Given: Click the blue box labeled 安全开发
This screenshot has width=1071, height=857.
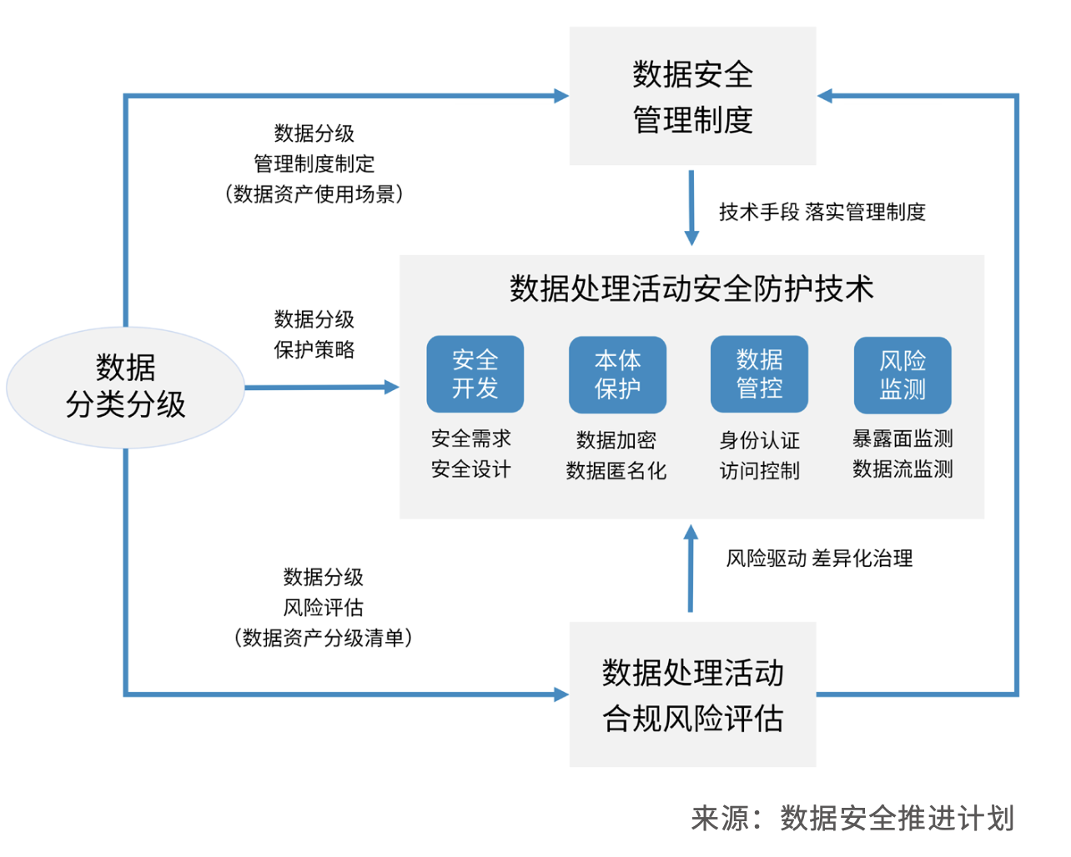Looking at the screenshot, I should coord(475,374).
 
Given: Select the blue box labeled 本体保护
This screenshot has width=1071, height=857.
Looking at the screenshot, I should coord(617,374).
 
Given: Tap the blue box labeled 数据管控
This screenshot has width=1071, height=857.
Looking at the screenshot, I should coord(759,374).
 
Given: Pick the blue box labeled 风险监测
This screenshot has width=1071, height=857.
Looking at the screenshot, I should coord(903,375).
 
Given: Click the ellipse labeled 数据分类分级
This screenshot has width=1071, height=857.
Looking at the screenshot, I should coord(125,387).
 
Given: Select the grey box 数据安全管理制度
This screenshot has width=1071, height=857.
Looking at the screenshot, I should coord(692,96).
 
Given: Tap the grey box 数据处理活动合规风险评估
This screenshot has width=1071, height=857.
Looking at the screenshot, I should coord(692,694).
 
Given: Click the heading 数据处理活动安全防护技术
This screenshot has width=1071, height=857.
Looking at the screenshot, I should coord(691,288).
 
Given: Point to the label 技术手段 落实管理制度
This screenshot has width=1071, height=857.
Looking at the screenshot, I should coord(822,213).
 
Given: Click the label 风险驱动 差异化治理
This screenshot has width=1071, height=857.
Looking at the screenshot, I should coord(819,559).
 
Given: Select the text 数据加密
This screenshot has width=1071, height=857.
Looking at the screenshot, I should coord(616,440).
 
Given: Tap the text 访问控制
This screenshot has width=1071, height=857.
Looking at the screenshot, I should coord(759,471).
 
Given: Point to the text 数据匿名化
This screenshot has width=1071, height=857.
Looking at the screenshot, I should coord(616,471).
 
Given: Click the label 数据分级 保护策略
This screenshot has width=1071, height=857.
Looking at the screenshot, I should coord(314,334).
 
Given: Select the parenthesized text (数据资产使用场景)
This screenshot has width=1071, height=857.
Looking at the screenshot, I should coord(314,194).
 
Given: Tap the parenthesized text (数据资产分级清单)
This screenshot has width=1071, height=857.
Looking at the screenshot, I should coord(324,639).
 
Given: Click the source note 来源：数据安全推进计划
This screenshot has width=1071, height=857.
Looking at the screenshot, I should coord(852,819).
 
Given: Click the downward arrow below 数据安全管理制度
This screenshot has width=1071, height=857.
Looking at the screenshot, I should coord(691,208).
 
